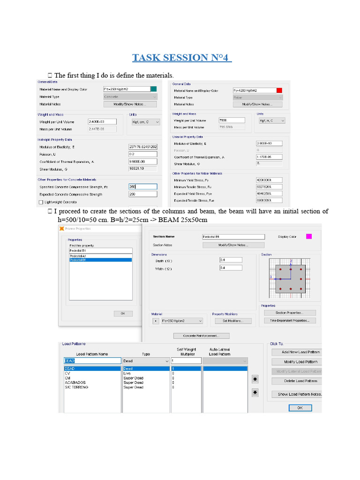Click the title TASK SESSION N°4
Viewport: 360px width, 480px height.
tap(182, 58)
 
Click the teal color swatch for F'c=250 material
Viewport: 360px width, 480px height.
tap(154, 89)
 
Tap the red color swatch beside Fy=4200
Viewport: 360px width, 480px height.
tap(279, 90)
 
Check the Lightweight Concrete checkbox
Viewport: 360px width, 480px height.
tap(40, 202)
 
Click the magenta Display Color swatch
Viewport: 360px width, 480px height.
tap(309, 236)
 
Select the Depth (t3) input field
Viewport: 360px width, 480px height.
tap(231, 260)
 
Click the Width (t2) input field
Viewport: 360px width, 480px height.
tap(231, 268)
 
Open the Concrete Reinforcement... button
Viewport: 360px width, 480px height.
tap(202, 336)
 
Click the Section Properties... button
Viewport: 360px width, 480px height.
tap(289, 313)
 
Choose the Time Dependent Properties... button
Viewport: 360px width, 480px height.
tap(289, 321)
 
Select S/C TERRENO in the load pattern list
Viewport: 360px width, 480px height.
tap(77, 387)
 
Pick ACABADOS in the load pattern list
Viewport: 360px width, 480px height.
tap(75, 382)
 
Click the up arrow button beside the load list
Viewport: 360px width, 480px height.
tap(255, 378)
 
